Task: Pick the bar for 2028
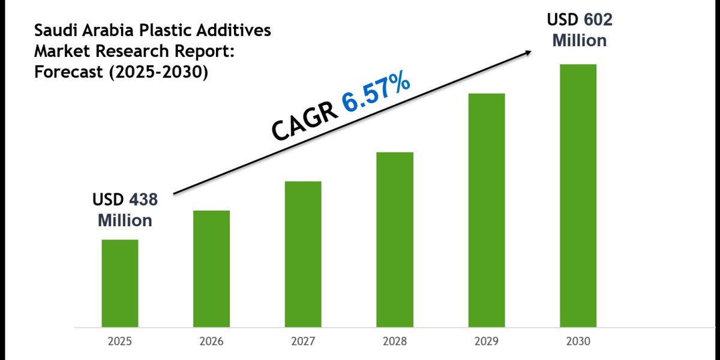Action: [x=395, y=239]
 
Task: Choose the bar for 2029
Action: [x=487, y=210]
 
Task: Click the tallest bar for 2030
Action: [x=578, y=196]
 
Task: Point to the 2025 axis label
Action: [x=119, y=341]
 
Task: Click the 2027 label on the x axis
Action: [x=303, y=341]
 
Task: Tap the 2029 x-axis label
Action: [x=487, y=341]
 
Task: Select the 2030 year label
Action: [x=578, y=341]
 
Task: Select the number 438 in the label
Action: [x=142, y=200]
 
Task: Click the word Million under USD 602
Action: [x=579, y=40]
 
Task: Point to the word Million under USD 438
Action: [x=125, y=220]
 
